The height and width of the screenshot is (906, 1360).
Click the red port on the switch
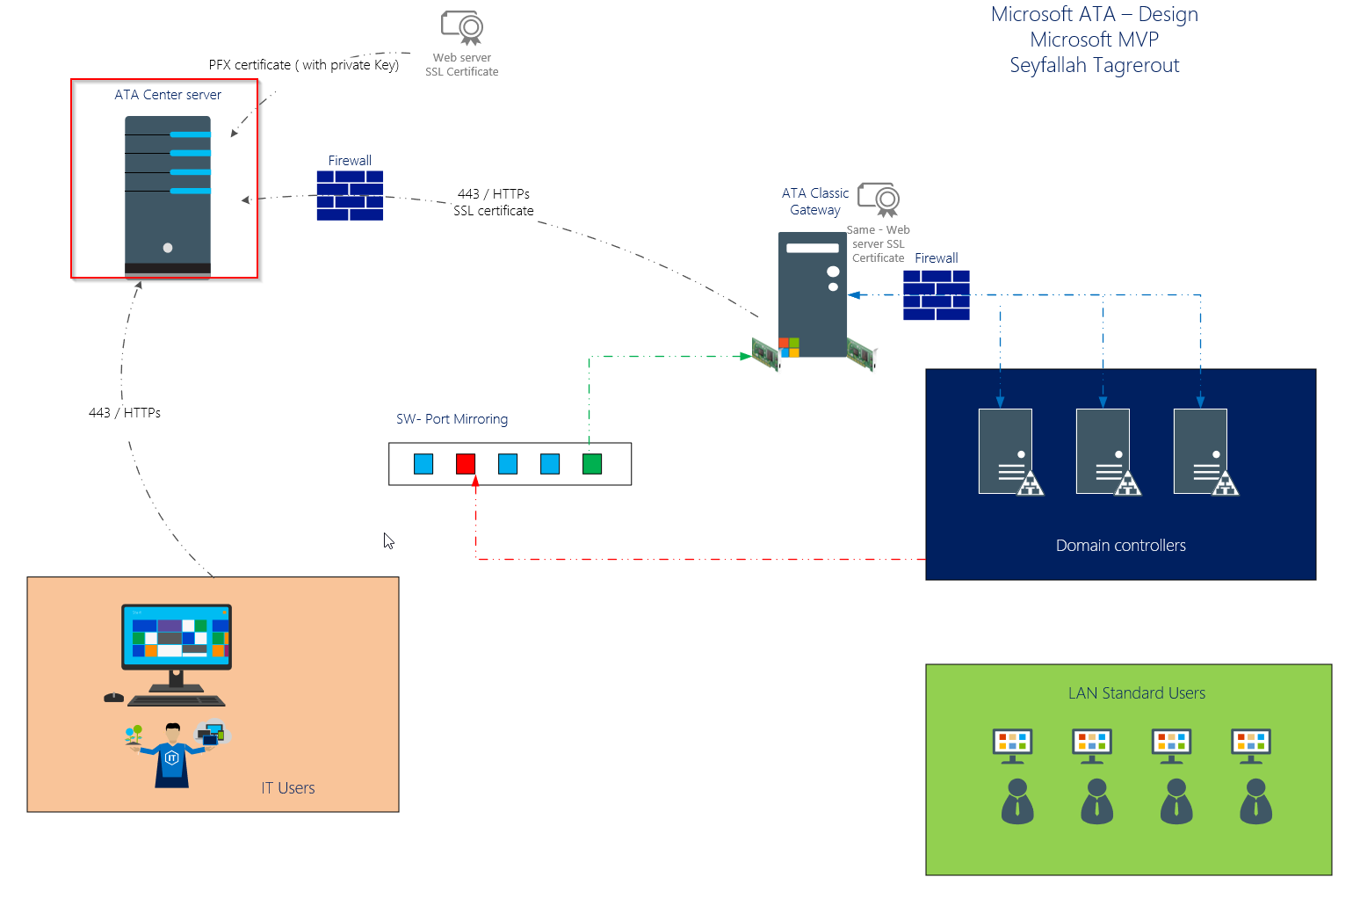click(466, 464)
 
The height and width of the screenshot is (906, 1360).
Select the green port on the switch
click(592, 464)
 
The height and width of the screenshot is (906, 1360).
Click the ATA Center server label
click(168, 95)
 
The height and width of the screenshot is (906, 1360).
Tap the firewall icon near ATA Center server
click(350, 195)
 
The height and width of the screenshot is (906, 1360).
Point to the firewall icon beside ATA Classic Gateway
click(937, 294)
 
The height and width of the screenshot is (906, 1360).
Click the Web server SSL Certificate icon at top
click(462, 27)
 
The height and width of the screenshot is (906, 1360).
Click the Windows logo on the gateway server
click(789, 347)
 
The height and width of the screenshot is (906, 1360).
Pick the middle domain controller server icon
click(1103, 452)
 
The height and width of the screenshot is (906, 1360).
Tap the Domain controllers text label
click(1120, 546)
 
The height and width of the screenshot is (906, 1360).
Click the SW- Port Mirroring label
click(452, 419)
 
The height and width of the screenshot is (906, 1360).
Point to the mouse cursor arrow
click(388, 540)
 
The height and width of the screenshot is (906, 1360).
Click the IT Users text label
click(287, 788)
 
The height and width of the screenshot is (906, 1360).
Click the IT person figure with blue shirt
click(172, 756)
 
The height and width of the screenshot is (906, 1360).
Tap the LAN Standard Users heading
click(1136, 693)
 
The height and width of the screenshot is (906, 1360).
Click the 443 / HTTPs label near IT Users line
click(125, 413)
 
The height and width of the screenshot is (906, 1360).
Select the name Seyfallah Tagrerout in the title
click(1094, 65)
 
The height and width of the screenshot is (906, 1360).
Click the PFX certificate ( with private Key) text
click(303, 65)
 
